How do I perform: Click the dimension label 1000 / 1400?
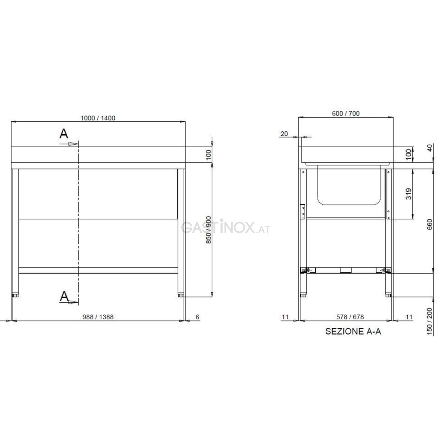pyautogui.click(x=98, y=118)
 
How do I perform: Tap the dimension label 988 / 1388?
pyautogui.click(x=98, y=317)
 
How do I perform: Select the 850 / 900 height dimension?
pyautogui.click(x=209, y=230)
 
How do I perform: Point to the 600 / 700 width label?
pyautogui.click(x=346, y=113)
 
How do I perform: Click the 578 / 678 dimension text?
pyautogui.click(x=350, y=317)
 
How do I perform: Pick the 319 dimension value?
pyautogui.click(x=408, y=194)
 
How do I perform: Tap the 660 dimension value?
pyautogui.click(x=430, y=224)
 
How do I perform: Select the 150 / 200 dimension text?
pyautogui.click(x=430, y=322)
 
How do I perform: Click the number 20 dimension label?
pyautogui.click(x=284, y=134)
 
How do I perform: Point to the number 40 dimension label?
pyautogui.click(x=430, y=148)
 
